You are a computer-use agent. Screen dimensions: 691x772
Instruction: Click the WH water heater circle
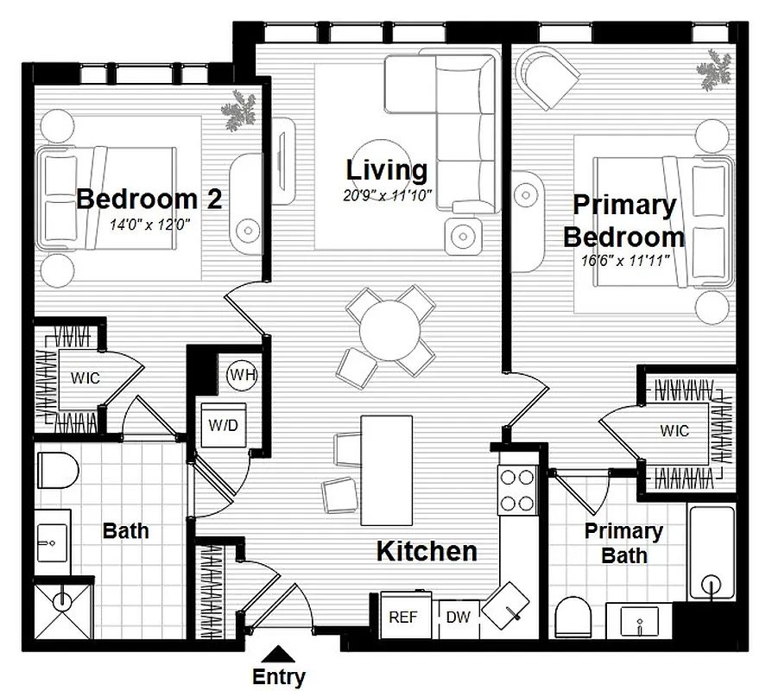click(x=241, y=375)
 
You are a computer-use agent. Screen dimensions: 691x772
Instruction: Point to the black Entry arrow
click(x=278, y=654)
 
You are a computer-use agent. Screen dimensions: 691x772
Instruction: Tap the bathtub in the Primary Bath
click(x=712, y=553)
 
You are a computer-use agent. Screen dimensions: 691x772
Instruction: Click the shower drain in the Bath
click(x=62, y=599)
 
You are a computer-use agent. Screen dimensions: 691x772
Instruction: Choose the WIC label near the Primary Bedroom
click(x=674, y=429)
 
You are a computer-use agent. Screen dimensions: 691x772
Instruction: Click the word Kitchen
click(x=427, y=551)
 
